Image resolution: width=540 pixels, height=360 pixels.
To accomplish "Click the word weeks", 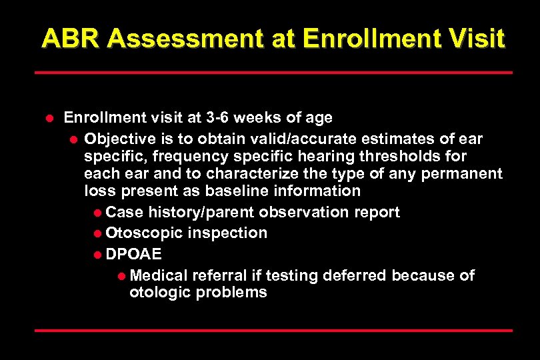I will tap(261, 118).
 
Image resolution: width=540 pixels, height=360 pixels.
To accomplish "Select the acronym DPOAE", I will tap(133, 255).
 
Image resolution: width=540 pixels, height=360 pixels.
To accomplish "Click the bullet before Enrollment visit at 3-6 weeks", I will tap(48, 119).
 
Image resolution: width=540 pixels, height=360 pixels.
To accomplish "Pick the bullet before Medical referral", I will tap(121, 276).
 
